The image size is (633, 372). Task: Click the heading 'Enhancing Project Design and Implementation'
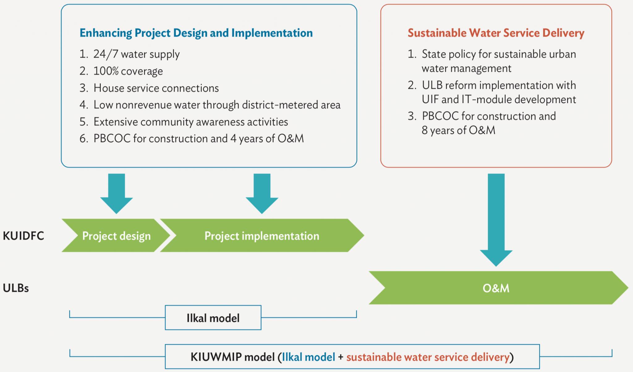pyautogui.click(x=196, y=33)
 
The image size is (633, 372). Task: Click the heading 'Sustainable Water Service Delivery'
pyautogui.click(x=496, y=33)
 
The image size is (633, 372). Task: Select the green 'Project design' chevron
pyautogui.click(x=116, y=235)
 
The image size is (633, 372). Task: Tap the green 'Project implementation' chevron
pyautogui.click(x=262, y=235)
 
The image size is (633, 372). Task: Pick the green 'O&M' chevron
pyautogui.click(x=498, y=288)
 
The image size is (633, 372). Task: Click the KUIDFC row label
pyautogui.click(x=23, y=236)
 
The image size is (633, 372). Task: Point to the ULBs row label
pyautogui.click(x=16, y=288)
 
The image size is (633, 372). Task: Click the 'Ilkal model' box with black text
pyautogui.click(x=213, y=318)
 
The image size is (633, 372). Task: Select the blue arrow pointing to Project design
pyautogui.click(x=117, y=194)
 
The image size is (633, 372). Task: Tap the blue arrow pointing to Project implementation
pyautogui.click(x=262, y=194)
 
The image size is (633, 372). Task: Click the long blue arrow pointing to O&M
pyautogui.click(x=496, y=220)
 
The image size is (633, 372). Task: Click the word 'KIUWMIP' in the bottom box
pyautogui.click(x=216, y=357)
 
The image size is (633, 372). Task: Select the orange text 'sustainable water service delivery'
pyautogui.click(x=428, y=357)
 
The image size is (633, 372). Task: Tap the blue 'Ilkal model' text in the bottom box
pyautogui.click(x=308, y=357)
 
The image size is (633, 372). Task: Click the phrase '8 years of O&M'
pyautogui.click(x=458, y=130)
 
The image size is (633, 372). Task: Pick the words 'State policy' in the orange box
pyautogui.click(x=449, y=54)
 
